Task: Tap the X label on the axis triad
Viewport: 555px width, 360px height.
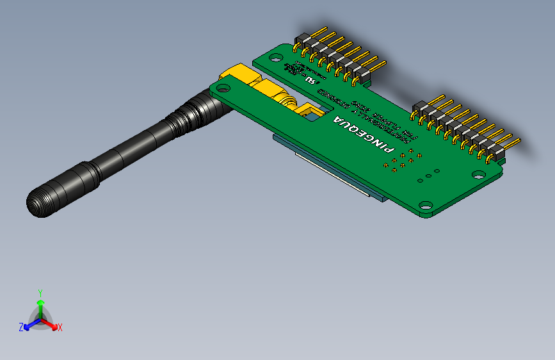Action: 60,327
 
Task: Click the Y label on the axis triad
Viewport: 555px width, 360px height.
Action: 40,291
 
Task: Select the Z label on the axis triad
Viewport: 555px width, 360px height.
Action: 21,327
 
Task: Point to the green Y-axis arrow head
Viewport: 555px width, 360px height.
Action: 40,301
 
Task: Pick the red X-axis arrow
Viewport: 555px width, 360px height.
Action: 51,324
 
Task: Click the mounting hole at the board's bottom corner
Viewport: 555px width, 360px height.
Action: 424,206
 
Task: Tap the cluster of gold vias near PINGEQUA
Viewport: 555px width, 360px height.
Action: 402,160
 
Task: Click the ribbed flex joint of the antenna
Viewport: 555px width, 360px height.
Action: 186,115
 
